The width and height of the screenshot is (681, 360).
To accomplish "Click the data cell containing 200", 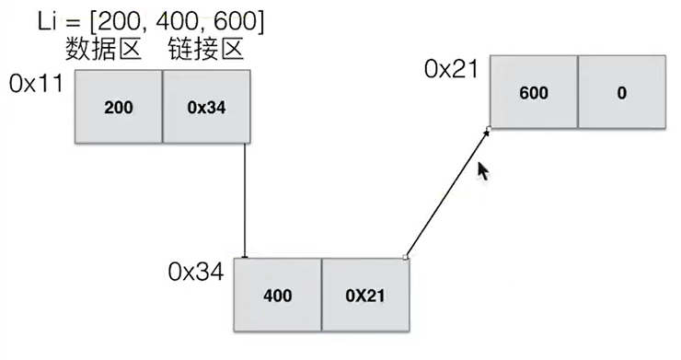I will tap(118, 108).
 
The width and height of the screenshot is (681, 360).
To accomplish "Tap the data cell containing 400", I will tap(277, 296).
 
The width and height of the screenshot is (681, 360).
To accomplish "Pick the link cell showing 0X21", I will tap(364, 296).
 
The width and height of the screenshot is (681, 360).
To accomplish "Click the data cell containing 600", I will tap(534, 92).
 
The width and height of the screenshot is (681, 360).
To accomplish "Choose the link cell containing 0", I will tap(622, 92).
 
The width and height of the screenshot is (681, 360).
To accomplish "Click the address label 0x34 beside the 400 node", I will tap(195, 272).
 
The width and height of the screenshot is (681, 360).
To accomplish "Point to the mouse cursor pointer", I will tap(480, 171).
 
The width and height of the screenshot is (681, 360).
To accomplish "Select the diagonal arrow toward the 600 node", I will tap(446, 193).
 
